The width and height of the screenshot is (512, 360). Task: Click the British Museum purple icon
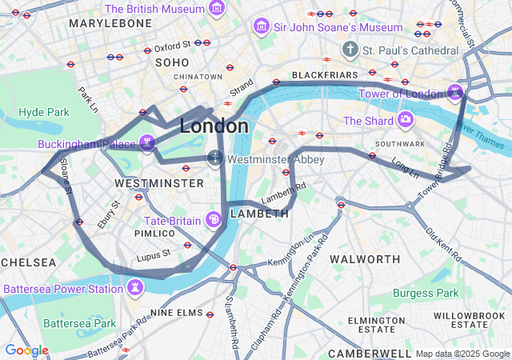217,8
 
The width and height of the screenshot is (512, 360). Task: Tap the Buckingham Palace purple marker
146,143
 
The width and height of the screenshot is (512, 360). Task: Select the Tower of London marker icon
455,93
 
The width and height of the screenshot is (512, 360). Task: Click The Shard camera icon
406,120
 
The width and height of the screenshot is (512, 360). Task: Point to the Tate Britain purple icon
214,219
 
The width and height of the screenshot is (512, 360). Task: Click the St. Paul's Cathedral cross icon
349,50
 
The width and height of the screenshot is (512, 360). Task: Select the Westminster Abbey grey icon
215,158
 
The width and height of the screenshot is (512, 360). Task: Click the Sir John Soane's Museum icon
261,27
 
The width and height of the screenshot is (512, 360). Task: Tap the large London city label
214,126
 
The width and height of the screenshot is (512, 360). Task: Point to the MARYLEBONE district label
110,24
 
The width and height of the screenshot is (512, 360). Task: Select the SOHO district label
172,62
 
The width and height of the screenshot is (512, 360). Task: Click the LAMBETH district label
259,214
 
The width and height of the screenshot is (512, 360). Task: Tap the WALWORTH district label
365,259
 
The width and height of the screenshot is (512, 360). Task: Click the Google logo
26,350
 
